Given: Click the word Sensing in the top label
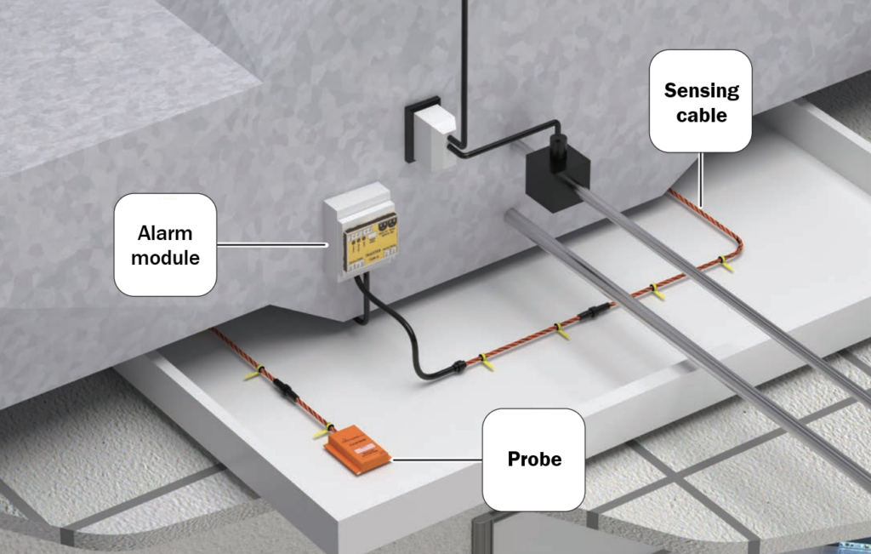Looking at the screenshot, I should tap(701, 90).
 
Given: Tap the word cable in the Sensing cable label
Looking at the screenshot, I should tap(701, 115).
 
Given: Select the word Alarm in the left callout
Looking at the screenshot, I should tap(165, 233).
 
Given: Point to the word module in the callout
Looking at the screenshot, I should tap(165, 257).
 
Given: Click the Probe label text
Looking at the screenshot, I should tap(534, 460).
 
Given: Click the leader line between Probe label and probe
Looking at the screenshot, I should tap(437, 460).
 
